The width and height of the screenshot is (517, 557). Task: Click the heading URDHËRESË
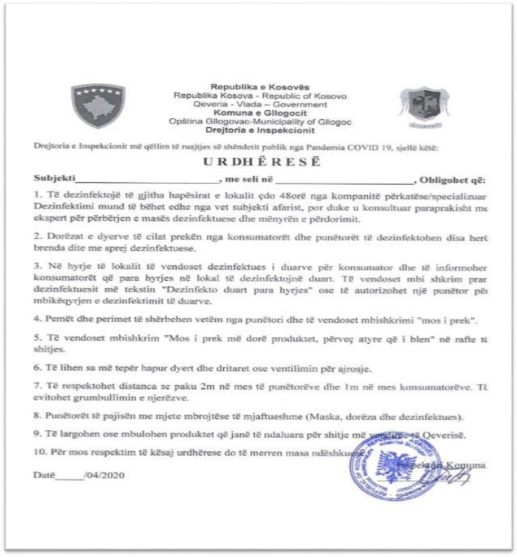(x=262, y=162)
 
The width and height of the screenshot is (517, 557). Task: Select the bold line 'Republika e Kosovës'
(x=260, y=87)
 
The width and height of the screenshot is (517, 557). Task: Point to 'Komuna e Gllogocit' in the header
(x=260, y=113)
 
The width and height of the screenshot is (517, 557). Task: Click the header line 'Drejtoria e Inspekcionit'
(x=260, y=130)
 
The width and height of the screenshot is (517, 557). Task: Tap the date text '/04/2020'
(x=104, y=475)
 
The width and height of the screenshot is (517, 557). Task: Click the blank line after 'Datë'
(x=70, y=477)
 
